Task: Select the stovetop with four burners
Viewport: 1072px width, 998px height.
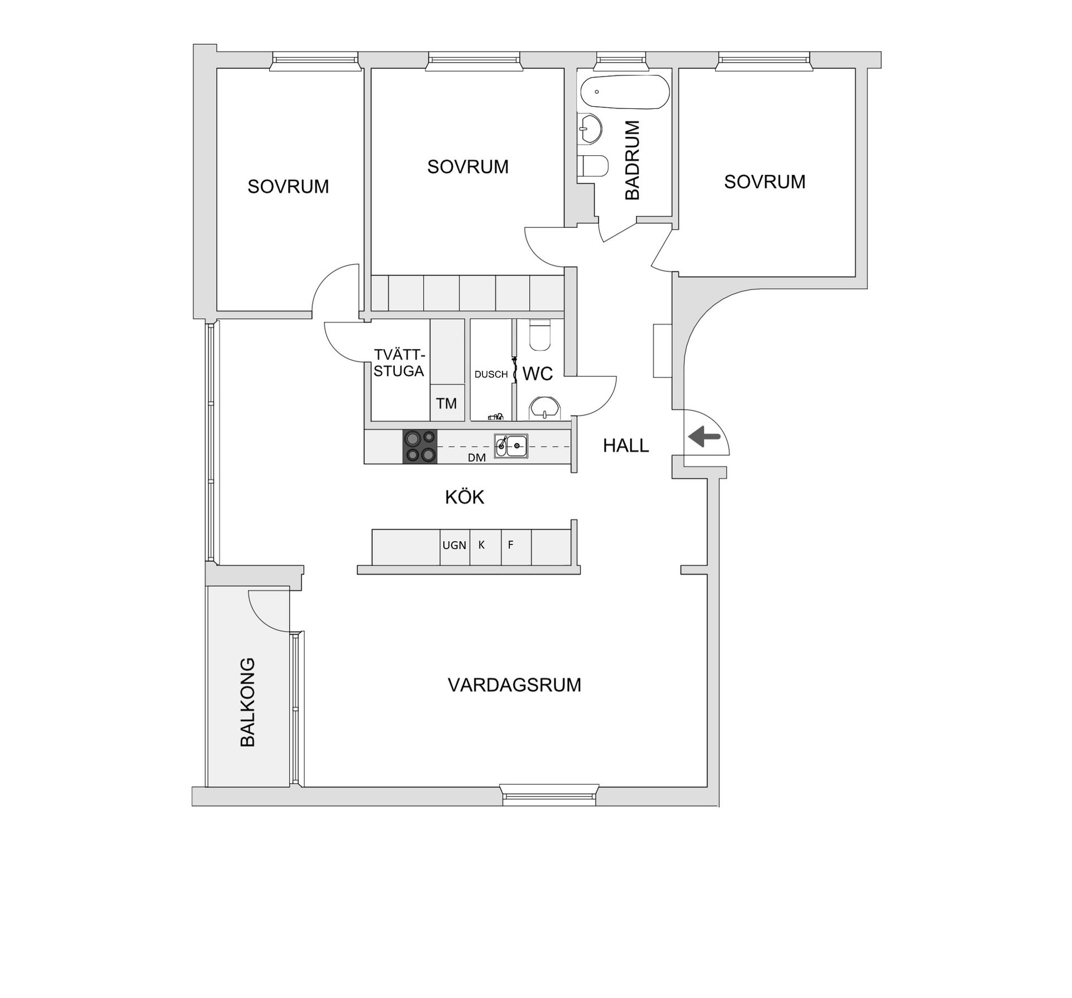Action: [420, 446]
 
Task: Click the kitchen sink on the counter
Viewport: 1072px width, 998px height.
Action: [511, 446]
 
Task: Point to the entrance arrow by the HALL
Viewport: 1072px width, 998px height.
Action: [704, 437]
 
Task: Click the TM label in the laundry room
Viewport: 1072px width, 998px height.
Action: [447, 403]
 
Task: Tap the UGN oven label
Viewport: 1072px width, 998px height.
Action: [454, 545]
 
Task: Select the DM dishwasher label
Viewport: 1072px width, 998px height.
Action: [476, 458]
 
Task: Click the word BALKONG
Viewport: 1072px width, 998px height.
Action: [247, 702]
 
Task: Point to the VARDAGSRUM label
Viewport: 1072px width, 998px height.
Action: [514, 685]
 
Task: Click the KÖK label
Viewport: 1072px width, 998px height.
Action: [465, 497]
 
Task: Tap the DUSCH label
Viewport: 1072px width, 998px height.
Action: [491, 375]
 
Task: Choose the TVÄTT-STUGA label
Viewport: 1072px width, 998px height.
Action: [399, 363]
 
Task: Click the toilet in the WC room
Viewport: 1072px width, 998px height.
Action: [539, 335]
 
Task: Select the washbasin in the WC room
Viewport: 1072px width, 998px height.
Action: [543, 408]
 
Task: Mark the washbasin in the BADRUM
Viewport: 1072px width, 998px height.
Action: [589, 128]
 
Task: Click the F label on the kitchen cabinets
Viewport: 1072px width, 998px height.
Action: [510, 545]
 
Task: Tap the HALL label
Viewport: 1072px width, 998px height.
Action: [626, 446]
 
